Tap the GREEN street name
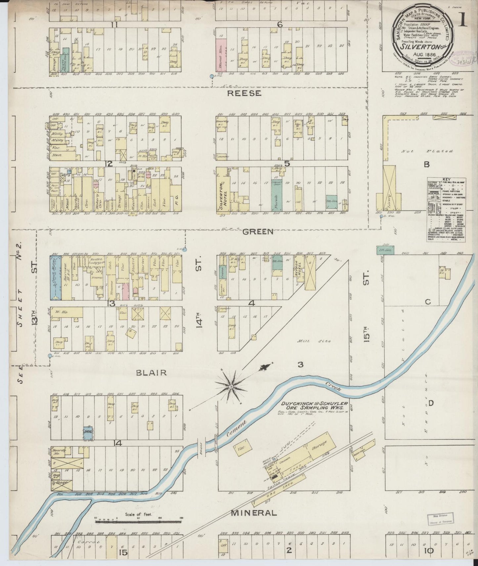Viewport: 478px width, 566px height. [x=258, y=232]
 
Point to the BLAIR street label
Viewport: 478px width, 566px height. [x=151, y=372]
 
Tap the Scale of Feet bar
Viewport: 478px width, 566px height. [x=139, y=521]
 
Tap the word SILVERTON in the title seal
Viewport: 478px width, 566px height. [x=417, y=46]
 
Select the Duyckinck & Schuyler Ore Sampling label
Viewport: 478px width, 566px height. [x=314, y=406]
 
